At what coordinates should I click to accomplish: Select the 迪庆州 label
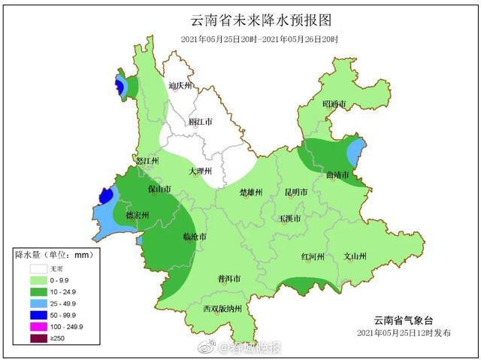pos(180,86)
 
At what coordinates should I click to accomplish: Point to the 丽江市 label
pos(200,121)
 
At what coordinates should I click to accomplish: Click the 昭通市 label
pos(334,104)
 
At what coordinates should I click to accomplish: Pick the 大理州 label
pos(201,171)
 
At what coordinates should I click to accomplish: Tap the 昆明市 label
pos(296,192)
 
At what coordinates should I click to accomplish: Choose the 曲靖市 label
pos(338,175)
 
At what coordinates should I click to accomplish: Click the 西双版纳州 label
pos(222,309)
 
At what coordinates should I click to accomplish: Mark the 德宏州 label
pos(138,215)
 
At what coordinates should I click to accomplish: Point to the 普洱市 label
pos(228,278)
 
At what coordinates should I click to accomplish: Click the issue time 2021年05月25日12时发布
pos(404,332)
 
